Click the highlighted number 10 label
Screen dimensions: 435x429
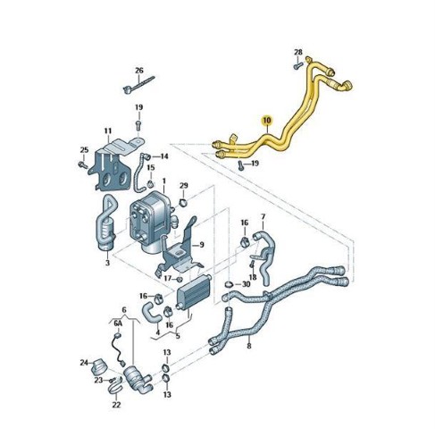(267, 121)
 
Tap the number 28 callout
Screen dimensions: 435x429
(298, 53)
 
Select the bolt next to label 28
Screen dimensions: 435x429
(298, 66)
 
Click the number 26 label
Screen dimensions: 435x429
(139, 71)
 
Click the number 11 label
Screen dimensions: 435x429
(108, 130)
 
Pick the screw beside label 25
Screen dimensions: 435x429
(82, 164)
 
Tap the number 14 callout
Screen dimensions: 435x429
(164, 156)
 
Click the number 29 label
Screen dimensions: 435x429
(184, 186)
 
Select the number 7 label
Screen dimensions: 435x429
(263, 216)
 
